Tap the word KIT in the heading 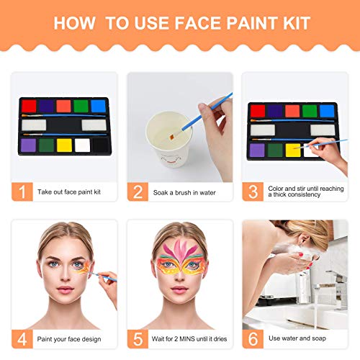click(295, 22)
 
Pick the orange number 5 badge click(138, 338)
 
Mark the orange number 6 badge click(253, 338)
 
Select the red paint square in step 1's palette click(29, 106)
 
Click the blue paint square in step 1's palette click(99, 106)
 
